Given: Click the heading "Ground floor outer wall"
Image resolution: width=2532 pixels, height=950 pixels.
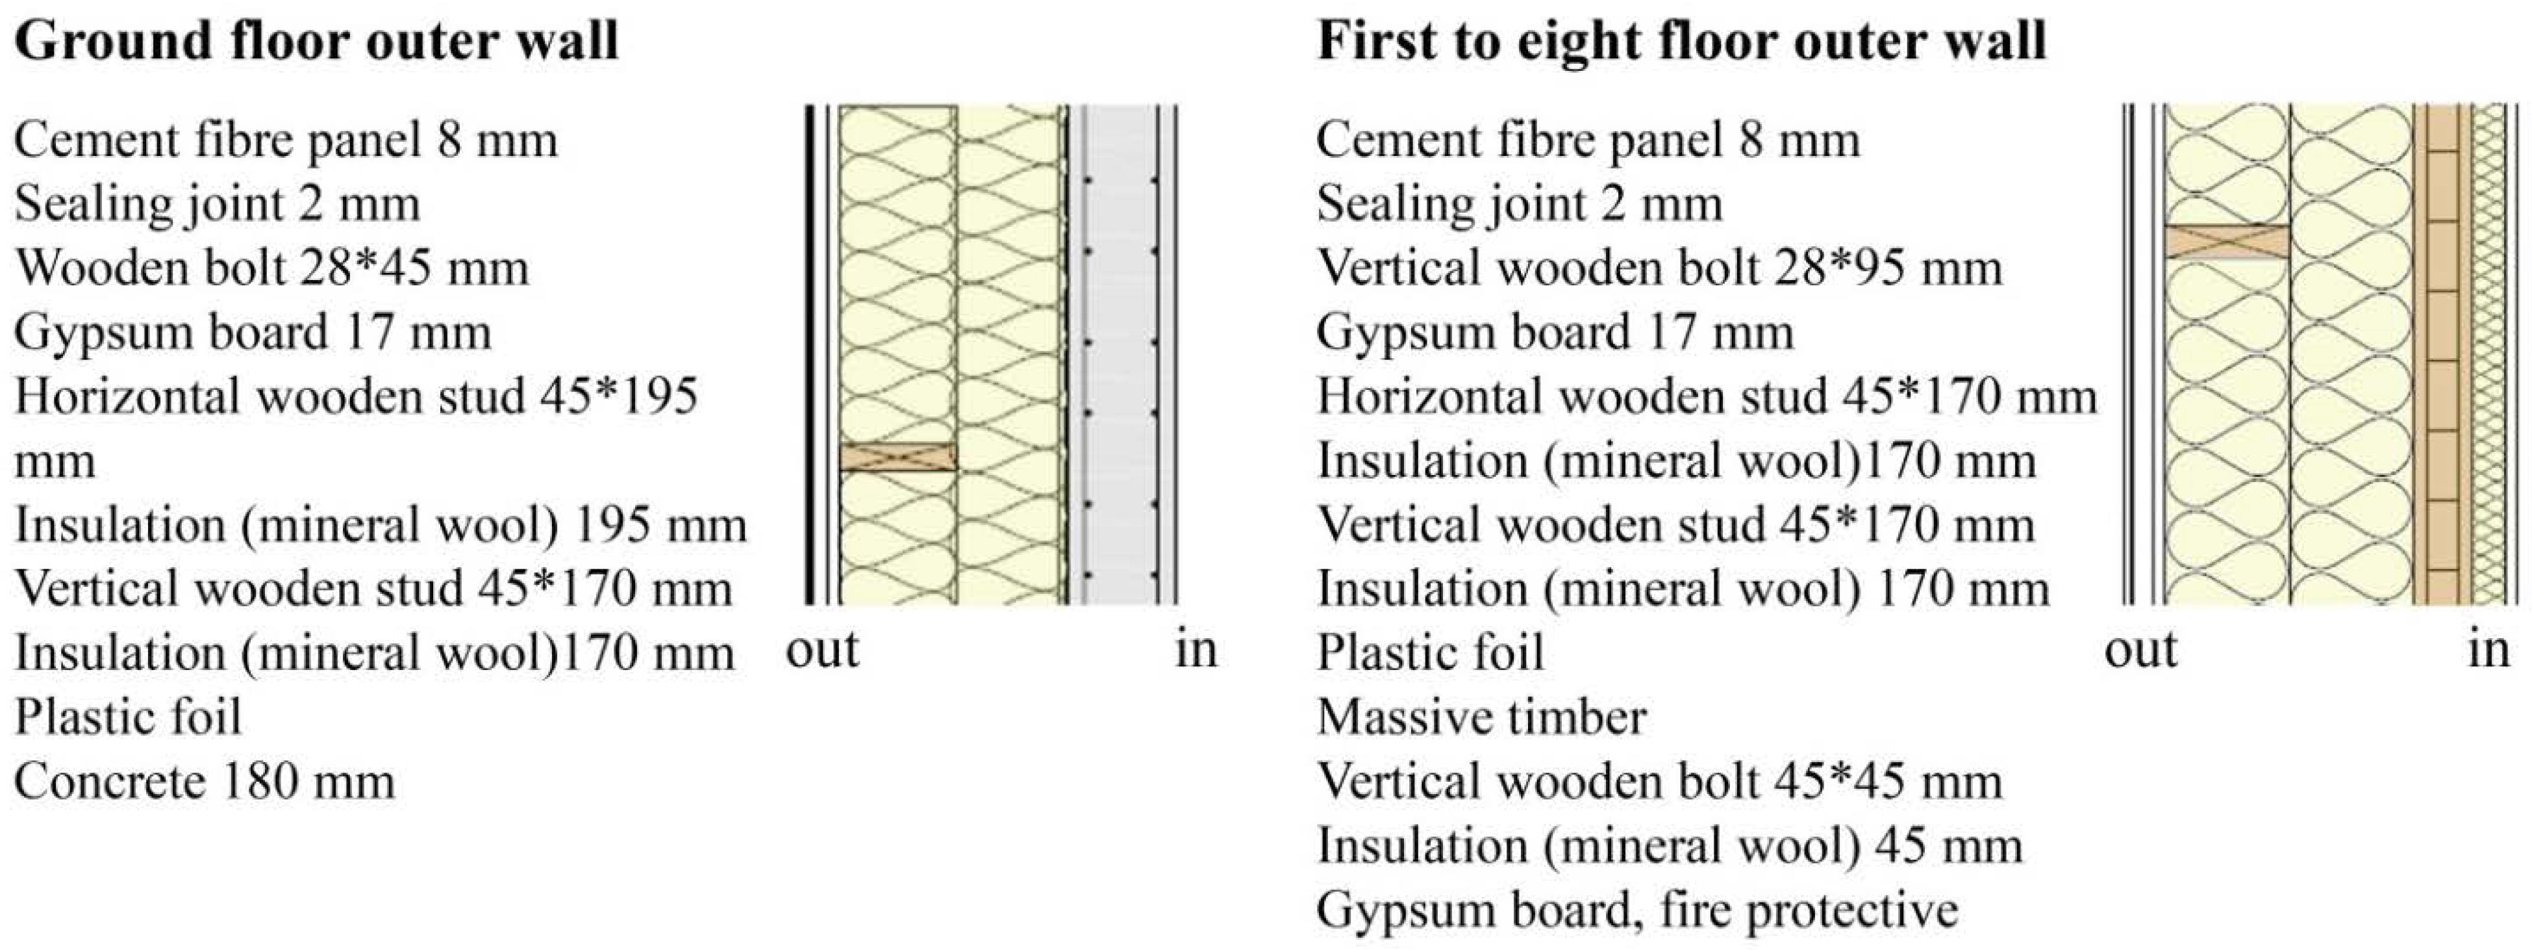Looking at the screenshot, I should pyautogui.click(x=316, y=42).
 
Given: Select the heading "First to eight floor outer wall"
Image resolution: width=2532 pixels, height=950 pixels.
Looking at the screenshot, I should pyautogui.click(x=1681, y=42).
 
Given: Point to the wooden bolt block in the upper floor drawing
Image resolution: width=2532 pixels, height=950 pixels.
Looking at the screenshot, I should pyautogui.click(x=2226, y=242).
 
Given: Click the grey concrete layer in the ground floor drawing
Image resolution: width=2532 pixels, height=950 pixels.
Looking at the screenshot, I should pyautogui.click(x=1120, y=354).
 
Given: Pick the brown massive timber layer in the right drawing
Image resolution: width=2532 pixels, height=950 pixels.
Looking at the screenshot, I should pyautogui.click(x=2440, y=354).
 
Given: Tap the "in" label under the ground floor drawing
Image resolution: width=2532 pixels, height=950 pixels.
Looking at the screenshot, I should pyautogui.click(x=1196, y=649).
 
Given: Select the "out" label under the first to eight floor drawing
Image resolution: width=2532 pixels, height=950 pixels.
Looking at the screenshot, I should pyautogui.click(x=2141, y=649).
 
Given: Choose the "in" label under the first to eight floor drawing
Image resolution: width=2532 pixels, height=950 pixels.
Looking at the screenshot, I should pyautogui.click(x=2488, y=649).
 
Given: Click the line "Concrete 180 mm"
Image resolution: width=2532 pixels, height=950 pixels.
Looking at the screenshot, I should pyautogui.click(x=205, y=782).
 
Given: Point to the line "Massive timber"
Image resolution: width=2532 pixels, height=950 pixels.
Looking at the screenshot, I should pyautogui.click(x=1481, y=717).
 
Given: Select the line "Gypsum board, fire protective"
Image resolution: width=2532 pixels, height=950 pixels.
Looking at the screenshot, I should pyautogui.click(x=1636, y=910).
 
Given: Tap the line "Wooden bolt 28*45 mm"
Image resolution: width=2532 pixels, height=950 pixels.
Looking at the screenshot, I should pyautogui.click(x=271, y=268).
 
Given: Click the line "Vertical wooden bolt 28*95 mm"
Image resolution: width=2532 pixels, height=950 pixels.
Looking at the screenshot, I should pyautogui.click(x=1659, y=268).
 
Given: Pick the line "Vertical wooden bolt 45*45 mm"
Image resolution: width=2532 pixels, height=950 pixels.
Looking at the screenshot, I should pyautogui.click(x=1659, y=782).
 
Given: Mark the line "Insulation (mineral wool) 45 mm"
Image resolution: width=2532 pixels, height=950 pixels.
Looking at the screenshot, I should pyautogui.click(x=1669, y=846).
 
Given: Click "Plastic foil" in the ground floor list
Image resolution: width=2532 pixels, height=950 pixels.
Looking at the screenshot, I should pyautogui.click(x=128, y=717).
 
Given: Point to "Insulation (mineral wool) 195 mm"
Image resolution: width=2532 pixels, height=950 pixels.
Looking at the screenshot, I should pyautogui.click(x=381, y=525).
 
